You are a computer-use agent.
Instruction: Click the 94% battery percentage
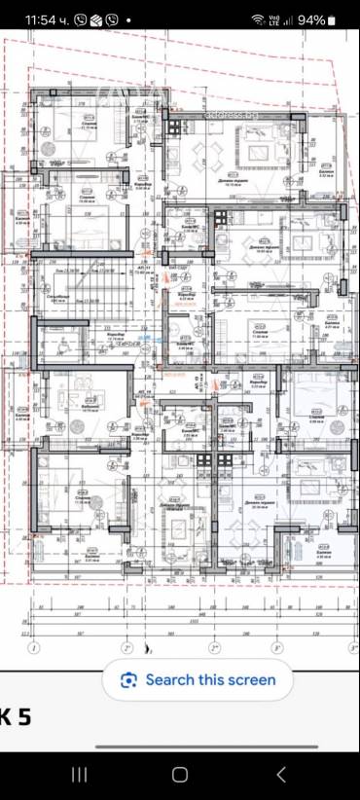pyautogui.click(x=311, y=19)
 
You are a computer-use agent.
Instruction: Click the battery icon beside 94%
pyautogui.click(x=333, y=19)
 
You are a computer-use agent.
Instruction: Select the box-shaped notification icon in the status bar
pyautogui.click(x=95, y=19)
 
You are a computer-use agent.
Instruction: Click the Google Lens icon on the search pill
pyautogui.click(x=128, y=680)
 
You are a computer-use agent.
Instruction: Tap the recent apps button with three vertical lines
pyautogui.click(x=80, y=774)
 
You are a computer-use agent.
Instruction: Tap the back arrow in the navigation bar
pyautogui.click(x=280, y=774)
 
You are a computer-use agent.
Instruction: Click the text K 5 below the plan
pyautogui.click(x=17, y=718)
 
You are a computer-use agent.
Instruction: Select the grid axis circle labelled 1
pyautogui.click(x=34, y=646)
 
